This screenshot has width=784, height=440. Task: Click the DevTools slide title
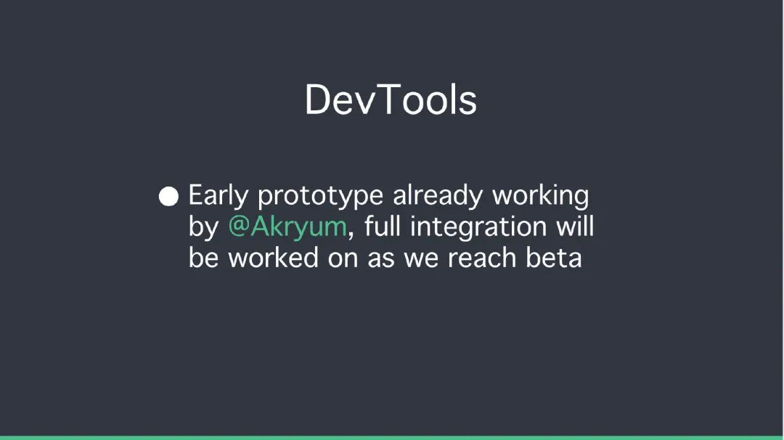[x=391, y=100]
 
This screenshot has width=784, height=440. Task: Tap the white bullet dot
[x=168, y=197]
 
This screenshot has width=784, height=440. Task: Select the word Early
[x=218, y=195]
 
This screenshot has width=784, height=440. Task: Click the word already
[x=438, y=195]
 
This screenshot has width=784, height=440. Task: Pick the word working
[x=541, y=195]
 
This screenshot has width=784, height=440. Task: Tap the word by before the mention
[x=203, y=227]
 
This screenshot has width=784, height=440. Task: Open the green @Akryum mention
[x=287, y=227]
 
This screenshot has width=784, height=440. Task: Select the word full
[x=383, y=226]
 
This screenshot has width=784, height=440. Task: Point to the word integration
[x=478, y=227]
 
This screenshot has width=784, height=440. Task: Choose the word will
[x=575, y=226]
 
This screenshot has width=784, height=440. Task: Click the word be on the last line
[x=203, y=258]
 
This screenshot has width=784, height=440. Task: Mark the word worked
[x=274, y=258]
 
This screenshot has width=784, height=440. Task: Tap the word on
[x=343, y=261]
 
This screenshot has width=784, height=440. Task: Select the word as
[x=380, y=261]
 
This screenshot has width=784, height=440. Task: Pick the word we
[x=421, y=261]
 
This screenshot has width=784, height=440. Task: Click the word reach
[x=482, y=258]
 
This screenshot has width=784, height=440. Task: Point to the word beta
[x=554, y=258]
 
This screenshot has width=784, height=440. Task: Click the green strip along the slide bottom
[x=392, y=438]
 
